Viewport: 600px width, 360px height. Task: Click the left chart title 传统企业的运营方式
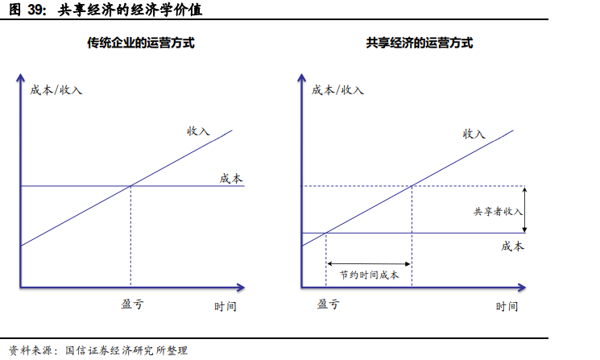(x=141, y=43)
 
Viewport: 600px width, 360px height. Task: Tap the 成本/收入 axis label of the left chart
(x=56, y=89)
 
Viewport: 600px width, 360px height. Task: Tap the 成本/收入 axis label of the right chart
(x=338, y=89)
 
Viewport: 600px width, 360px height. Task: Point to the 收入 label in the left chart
(x=198, y=130)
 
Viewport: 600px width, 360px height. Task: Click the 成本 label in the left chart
(x=231, y=178)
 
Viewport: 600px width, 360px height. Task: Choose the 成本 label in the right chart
(x=512, y=246)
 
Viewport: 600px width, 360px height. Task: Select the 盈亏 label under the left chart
(x=132, y=304)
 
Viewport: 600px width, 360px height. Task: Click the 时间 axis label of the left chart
(x=226, y=307)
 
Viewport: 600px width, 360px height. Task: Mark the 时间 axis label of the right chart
(x=507, y=307)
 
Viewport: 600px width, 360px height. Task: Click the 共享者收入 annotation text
(x=498, y=211)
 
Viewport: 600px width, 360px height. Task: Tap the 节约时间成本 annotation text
(x=370, y=275)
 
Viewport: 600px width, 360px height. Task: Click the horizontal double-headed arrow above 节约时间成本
(x=369, y=263)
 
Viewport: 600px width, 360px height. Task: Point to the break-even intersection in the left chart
(x=130, y=186)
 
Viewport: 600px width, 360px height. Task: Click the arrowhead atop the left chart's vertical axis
(x=20, y=77)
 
